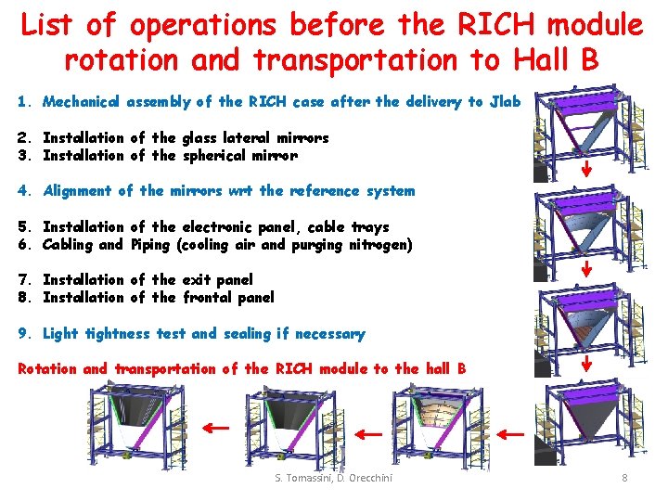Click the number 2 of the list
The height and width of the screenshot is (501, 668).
(23, 138)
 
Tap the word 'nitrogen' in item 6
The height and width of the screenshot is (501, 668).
(379, 245)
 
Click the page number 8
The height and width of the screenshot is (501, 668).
(624, 478)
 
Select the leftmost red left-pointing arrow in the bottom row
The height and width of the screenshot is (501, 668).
(217, 428)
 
